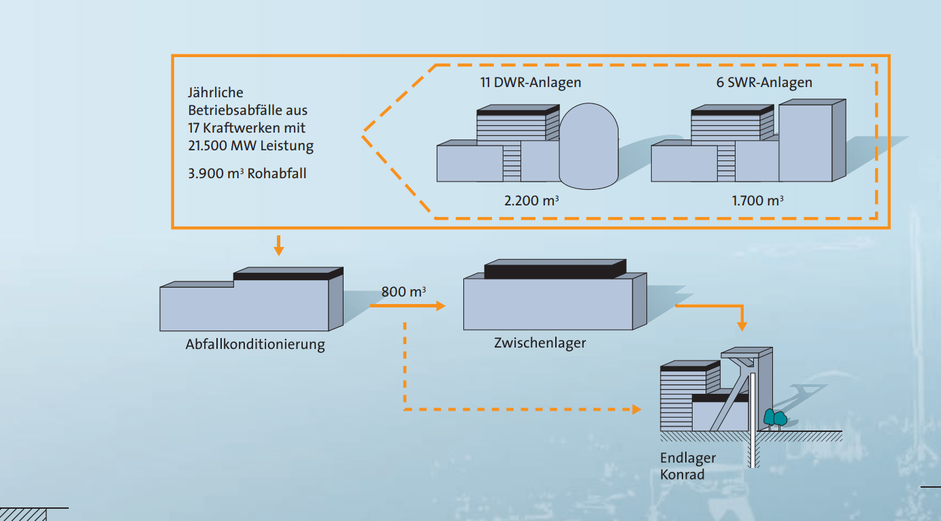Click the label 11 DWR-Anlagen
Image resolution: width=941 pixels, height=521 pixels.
(531, 83)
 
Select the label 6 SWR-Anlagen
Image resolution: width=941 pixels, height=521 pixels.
(764, 83)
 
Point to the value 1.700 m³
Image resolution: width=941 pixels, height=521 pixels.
(757, 201)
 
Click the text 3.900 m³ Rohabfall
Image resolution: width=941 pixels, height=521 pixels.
(247, 173)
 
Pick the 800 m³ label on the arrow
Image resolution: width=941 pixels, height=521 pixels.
(403, 292)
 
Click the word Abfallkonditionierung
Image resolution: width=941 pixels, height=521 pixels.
(255, 344)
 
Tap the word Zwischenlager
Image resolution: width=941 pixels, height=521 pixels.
(540, 343)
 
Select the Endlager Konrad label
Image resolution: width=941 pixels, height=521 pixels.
(687, 466)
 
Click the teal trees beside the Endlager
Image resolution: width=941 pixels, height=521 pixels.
(774, 416)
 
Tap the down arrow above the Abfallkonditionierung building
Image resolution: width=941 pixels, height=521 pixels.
(278, 248)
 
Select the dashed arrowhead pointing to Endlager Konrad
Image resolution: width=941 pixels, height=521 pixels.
(637, 409)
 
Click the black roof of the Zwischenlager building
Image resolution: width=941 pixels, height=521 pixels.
(555, 270)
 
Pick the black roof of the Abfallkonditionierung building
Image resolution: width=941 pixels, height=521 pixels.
(287, 275)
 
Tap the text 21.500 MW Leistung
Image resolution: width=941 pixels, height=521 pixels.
(250, 146)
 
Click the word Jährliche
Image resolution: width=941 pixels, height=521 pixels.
(215, 93)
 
